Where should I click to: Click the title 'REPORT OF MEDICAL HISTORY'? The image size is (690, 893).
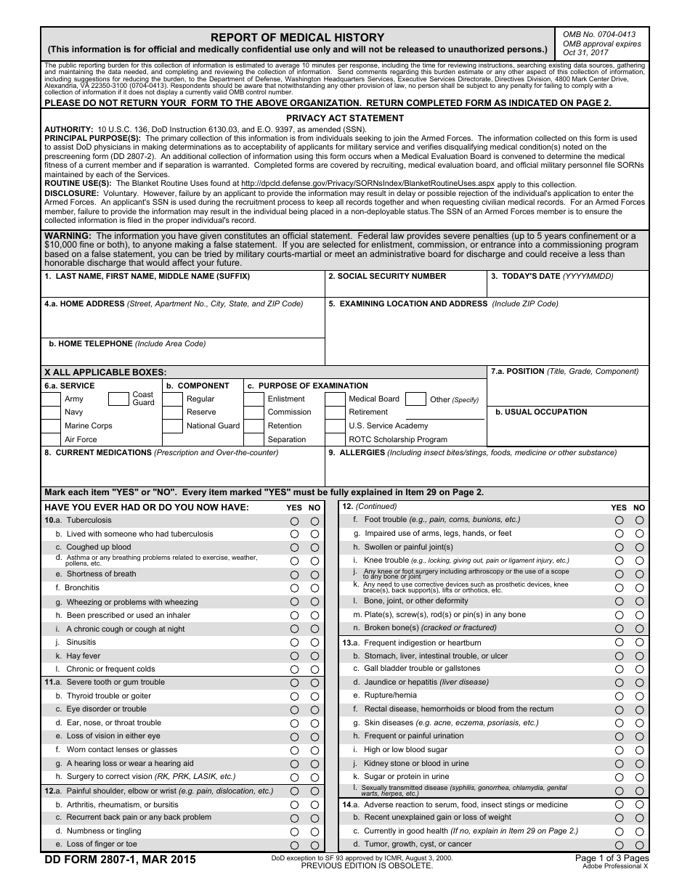tap(297, 38)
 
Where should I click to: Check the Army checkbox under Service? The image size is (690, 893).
tap(50, 399)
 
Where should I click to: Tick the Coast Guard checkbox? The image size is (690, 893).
tap(118, 399)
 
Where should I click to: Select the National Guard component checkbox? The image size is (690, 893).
tap(171, 426)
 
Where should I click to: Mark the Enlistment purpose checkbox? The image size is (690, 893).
tap(253, 399)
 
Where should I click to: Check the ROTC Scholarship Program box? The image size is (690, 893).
tap(334, 439)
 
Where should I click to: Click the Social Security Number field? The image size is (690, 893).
tap(405, 288)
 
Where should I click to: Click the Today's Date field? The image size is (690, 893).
tap(567, 288)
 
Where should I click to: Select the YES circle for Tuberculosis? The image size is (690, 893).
tap(295, 521)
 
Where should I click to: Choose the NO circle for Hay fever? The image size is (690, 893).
tap(314, 656)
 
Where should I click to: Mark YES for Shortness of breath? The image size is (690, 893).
tap(295, 575)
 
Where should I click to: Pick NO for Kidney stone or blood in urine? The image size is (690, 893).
tap(639, 764)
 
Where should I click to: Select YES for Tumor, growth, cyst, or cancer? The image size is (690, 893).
tap(619, 845)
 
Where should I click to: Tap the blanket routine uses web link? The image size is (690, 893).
tap(368, 184)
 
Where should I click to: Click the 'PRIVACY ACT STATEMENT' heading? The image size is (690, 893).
tap(345, 118)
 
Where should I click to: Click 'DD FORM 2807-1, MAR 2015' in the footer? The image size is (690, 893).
tap(120, 860)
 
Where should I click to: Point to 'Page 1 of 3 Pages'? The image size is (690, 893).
tap(612, 857)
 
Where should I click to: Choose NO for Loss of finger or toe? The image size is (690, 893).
tap(314, 845)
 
